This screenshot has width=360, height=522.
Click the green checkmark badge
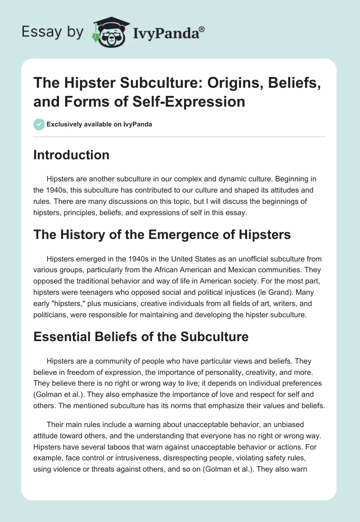click(x=39, y=124)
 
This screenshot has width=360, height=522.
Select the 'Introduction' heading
click(x=72, y=155)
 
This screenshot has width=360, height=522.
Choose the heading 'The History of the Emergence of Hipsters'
click(x=162, y=234)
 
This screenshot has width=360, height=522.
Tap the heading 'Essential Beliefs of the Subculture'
click(x=141, y=336)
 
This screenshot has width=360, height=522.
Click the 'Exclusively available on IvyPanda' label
click(x=100, y=124)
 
